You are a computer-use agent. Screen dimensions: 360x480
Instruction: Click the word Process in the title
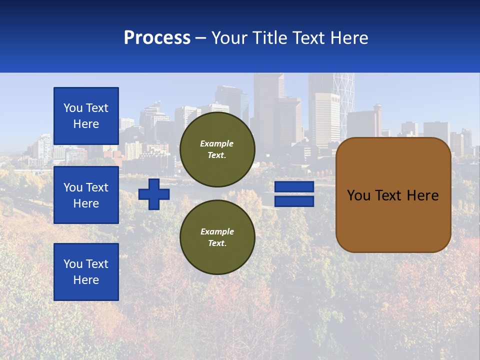click(157, 38)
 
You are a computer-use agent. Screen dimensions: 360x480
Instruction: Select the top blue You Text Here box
click(86, 116)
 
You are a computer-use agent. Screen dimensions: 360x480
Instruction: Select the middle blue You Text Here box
click(86, 195)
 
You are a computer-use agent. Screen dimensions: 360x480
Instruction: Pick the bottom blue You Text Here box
click(86, 272)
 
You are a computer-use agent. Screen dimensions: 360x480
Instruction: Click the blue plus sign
click(154, 194)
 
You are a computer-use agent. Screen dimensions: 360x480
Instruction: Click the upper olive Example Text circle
click(217, 149)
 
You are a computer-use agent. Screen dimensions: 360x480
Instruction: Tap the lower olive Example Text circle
click(217, 237)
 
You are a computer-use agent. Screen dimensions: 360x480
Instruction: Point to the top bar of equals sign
click(294, 187)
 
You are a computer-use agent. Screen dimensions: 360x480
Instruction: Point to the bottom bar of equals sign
click(294, 201)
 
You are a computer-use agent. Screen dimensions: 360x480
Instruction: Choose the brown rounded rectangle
click(393, 220)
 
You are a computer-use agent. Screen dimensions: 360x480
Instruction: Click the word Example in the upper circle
click(217, 143)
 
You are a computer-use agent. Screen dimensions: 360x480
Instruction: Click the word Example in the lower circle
click(217, 231)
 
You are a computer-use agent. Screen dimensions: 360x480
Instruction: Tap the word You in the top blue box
click(72, 108)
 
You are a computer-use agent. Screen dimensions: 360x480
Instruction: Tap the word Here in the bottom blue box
click(86, 280)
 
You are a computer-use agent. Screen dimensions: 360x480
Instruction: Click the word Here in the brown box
click(422, 195)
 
